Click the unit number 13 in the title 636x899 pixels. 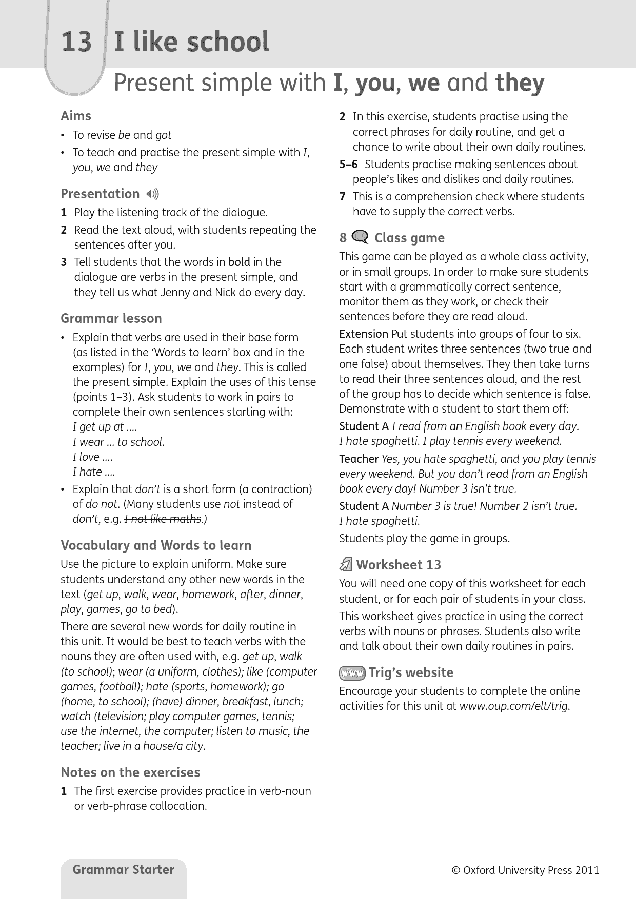coord(76,42)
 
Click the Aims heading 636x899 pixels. coord(76,116)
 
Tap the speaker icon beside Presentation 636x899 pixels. coord(152,194)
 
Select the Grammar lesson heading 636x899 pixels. coord(111,318)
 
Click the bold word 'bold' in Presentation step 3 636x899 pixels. coord(239,262)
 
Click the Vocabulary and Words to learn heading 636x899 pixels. coord(156,545)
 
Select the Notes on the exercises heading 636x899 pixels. coord(130,772)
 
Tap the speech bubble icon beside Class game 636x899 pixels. coord(361,237)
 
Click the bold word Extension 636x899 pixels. coord(364,334)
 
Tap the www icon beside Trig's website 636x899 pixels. coord(352,672)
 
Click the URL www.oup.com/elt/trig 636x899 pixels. coord(514,706)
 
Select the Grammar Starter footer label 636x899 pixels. coord(124,870)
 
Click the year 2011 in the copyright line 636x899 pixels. coord(587,870)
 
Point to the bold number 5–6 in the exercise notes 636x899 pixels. coord(348,165)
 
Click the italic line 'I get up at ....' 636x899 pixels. coord(105,427)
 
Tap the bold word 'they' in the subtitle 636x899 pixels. coord(520,83)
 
